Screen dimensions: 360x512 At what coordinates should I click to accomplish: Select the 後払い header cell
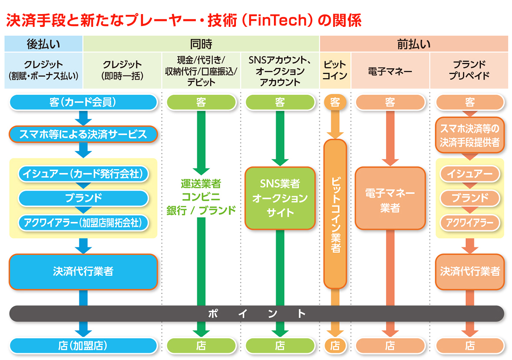coord(43,44)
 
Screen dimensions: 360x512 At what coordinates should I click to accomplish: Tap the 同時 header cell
coord(201,44)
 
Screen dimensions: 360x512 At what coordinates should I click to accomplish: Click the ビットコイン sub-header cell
coord(335,70)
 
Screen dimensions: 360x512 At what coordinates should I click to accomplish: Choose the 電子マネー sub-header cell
coord(390,71)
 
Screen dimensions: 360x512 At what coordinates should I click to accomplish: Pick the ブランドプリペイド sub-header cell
coord(470,70)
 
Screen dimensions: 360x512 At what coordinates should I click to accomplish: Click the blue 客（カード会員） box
coord(83,102)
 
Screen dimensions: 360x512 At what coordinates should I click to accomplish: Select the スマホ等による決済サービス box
coord(83,134)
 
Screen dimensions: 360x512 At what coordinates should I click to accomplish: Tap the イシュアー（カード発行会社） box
coord(83,174)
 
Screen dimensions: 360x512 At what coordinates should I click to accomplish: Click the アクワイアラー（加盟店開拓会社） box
coord(83,222)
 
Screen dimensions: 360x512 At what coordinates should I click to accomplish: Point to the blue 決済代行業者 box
coord(83,271)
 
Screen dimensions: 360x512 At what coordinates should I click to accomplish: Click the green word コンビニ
coord(201,197)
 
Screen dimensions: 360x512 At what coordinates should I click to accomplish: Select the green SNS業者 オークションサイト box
coord(280,198)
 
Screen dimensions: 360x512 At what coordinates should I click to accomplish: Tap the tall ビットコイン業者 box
coord(335,213)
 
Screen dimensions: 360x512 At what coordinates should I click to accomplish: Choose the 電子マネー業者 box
coord(390,198)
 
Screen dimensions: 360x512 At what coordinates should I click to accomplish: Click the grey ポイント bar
coord(256,314)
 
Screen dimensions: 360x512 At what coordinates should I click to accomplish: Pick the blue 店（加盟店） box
coord(83,345)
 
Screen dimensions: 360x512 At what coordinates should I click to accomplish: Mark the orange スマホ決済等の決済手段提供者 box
coord(470,135)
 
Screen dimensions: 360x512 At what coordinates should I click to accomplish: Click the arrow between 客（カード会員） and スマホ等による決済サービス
coord(83,117)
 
